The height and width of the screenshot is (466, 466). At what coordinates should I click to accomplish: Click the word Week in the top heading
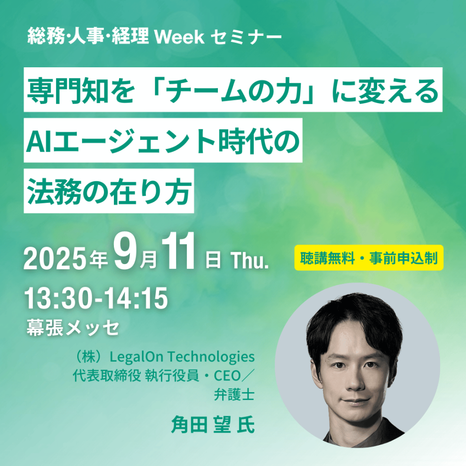pyautogui.click(x=179, y=37)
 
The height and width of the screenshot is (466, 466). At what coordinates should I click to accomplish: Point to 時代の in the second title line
pyautogui.click(x=259, y=141)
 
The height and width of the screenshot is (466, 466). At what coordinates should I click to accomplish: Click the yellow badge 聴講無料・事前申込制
pyautogui.click(x=369, y=258)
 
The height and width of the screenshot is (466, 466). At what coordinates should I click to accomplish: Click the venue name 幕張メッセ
pyautogui.click(x=73, y=327)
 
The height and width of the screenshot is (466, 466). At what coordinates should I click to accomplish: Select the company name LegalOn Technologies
pyautogui.click(x=182, y=357)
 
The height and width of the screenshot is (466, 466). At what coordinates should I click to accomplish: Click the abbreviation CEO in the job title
pyautogui.click(x=227, y=376)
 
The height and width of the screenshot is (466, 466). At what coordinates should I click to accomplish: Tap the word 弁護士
pyautogui.click(x=234, y=394)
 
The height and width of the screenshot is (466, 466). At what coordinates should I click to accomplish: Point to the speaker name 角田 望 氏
pyautogui.click(x=213, y=425)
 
